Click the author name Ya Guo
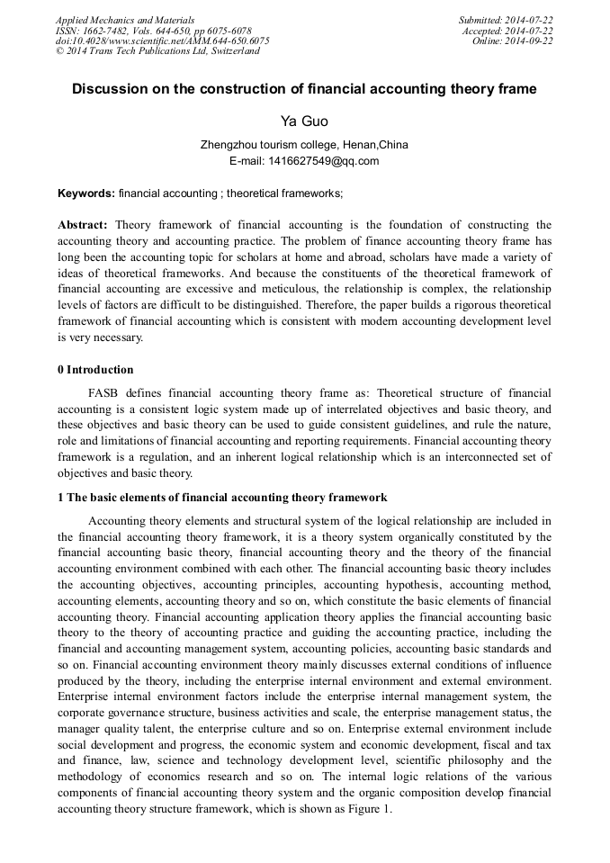(x=304, y=121)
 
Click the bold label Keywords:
(x=86, y=193)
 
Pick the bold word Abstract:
(x=83, y=224)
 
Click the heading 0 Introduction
(x=95, y=370)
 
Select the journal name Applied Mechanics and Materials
(x=125, y=20)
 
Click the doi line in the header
(x=162, y=41)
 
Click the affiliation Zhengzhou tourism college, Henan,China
(x=304, y=144)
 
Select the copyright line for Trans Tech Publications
(x=157, y=51)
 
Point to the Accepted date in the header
(x=521, y=31)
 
